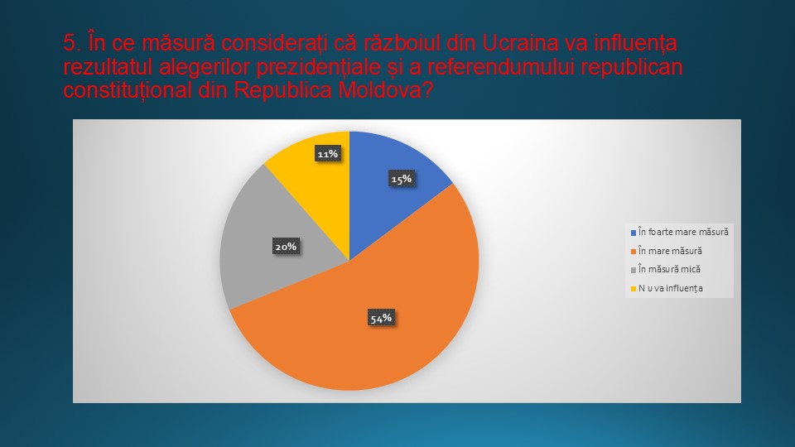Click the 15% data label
pyautogui.click(x=401, y=179)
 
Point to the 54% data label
pyautogui.click(x=381, y=318)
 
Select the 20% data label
pyautogui.click(x=286, y=247)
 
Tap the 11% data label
pyautogui.click(x=328, y=154)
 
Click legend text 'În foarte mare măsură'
pyautogui.click(x=683, y=232)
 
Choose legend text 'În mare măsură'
pyautogui.click(x=670, y=251)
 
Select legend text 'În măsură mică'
pyautogui.click(x=669, y=269)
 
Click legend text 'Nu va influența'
pyautogui.click(x=670, y=288)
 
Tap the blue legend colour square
pyautogui.click(x=634, y=233)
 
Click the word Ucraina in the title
pyautogui.click(x=520, y=43)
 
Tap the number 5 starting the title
pyautogui.click(x=69, y=43)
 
